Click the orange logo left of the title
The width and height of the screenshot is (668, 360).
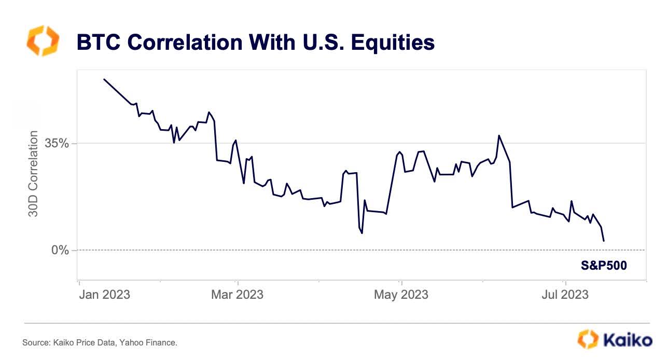tap(43, 42)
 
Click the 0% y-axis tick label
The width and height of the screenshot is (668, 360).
tap(60, 250)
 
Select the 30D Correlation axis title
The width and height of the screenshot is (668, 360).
tap(33, 174)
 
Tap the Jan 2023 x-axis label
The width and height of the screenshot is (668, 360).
tap(104, 295)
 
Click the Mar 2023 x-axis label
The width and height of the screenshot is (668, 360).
tap(238, 295)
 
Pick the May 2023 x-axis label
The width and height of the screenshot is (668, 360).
tap(401, 295)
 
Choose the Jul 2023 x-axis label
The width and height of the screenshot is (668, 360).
tap(565, 295)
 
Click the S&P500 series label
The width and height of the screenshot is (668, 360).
tap(603, 266)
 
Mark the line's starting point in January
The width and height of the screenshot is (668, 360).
tap(104, 79)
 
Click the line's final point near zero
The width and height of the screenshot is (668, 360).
tap(604, 241)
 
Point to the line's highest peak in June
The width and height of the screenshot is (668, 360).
tap(499, 136)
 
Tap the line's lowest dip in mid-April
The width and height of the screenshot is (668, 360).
tap(362, 233)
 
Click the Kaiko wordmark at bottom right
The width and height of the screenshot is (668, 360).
tap(628, 340)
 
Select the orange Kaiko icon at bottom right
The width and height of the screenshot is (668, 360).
tap(588, 339)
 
